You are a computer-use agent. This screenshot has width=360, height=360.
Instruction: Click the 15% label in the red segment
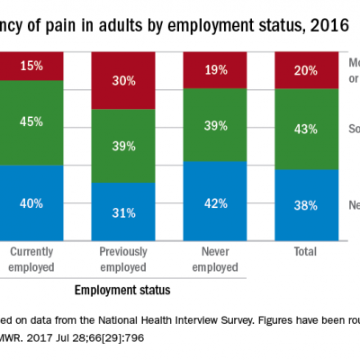point(31,66)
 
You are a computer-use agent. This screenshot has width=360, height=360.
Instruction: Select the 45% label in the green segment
point(31,121)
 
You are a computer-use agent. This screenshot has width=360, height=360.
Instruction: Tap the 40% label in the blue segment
point(31,203)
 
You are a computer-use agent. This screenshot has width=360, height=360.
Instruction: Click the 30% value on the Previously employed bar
point(124,80)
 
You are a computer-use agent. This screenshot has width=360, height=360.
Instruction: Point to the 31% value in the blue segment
point(124,213)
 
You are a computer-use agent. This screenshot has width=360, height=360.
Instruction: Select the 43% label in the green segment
point(305,130)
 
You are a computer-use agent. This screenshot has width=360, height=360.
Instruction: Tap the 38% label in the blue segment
point(305,204)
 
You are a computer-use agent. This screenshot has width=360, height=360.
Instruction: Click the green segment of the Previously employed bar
point(124,146)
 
